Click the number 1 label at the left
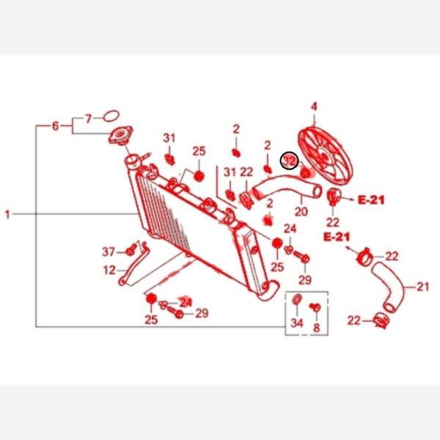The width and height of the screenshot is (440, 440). coord(8,215)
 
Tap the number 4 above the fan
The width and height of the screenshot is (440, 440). coord(314,107)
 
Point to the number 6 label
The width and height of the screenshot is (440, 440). coord(55,126)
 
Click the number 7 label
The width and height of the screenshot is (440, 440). coord(88,117)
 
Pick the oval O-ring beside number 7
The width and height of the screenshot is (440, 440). coord(111,116)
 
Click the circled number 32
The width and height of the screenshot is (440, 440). coord(290,161)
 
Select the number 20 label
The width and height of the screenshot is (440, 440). coord(301,213)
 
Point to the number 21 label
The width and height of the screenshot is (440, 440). coord(422,287)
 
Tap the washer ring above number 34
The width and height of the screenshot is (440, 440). coord(297,302)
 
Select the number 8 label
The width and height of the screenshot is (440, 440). coord(317,329)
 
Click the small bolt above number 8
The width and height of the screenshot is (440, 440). coord(317,307)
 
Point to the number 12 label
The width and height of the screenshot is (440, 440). coord(109,270)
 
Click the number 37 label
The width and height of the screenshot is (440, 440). coord(108,252)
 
